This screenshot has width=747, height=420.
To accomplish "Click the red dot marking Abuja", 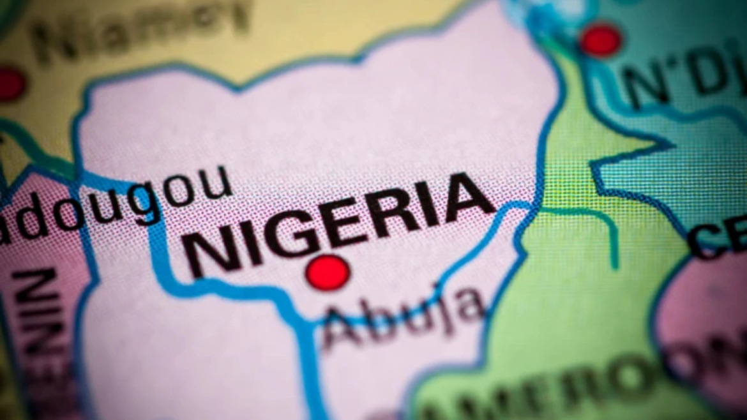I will tap(328, 273).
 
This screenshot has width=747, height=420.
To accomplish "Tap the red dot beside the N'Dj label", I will tap(601, 40).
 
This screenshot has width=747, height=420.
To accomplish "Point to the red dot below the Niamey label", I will tap(10, 84).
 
